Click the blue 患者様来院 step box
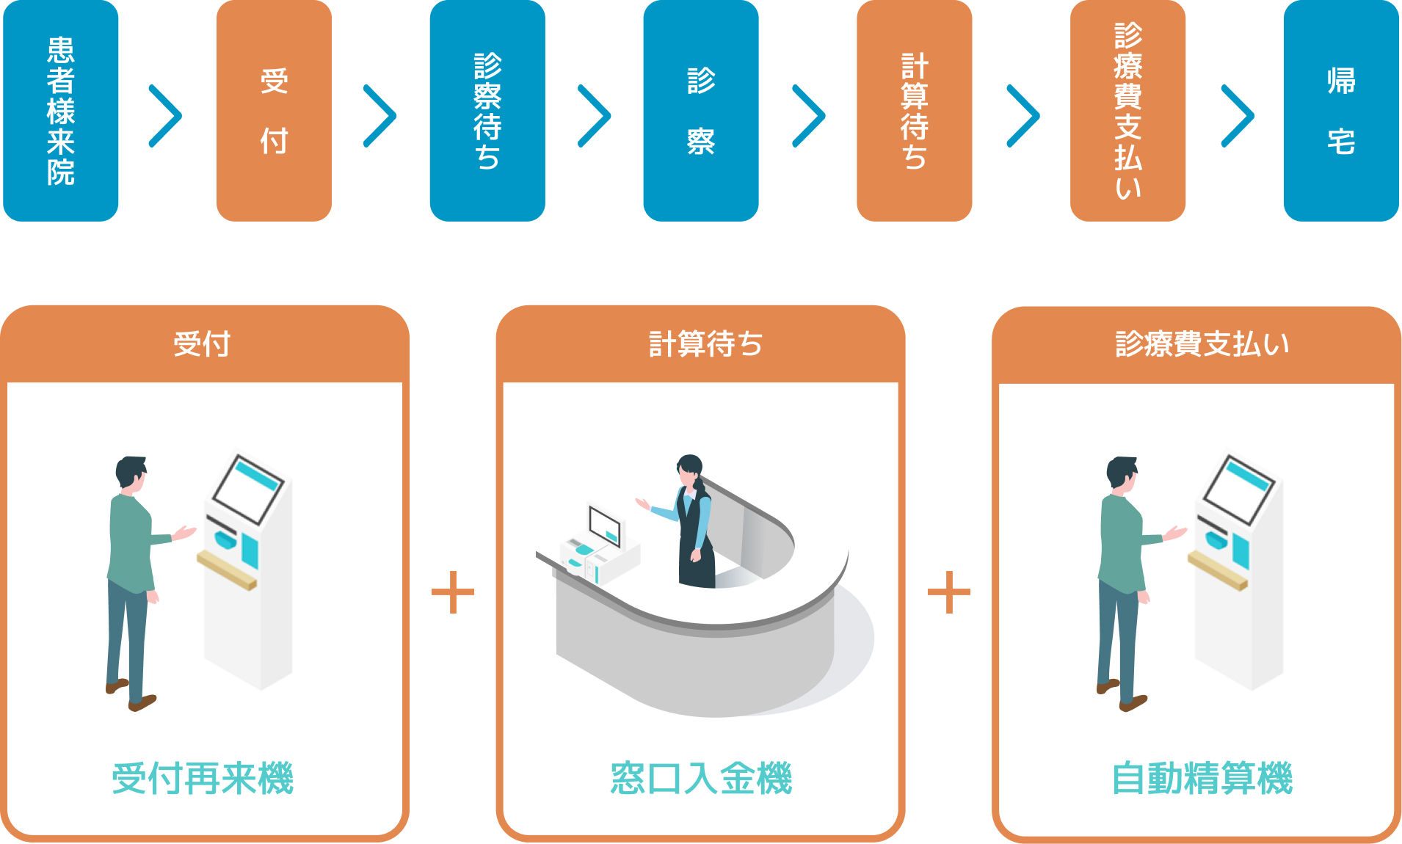click(61, 110)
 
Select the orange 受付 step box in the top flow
click(274, 110)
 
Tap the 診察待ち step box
click(487, 110)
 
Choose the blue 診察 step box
click(701, 110)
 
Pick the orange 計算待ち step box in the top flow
click(915, 110)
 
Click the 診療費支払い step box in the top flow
click(1127, 110)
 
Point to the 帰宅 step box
click(1341, 110)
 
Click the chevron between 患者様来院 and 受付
click(166, 116)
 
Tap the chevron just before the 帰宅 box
click(1238, 116)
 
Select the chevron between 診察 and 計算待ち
click(810, 116)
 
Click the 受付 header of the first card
click(203, 344)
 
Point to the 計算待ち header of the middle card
click(705, 344)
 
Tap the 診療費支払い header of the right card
click(1202, 344)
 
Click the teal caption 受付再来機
click(203, 778)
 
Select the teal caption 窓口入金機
click(701, 778)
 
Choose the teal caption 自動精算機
click(1202, 778)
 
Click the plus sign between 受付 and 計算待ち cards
click(453, 592)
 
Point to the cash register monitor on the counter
click(606, 526)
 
